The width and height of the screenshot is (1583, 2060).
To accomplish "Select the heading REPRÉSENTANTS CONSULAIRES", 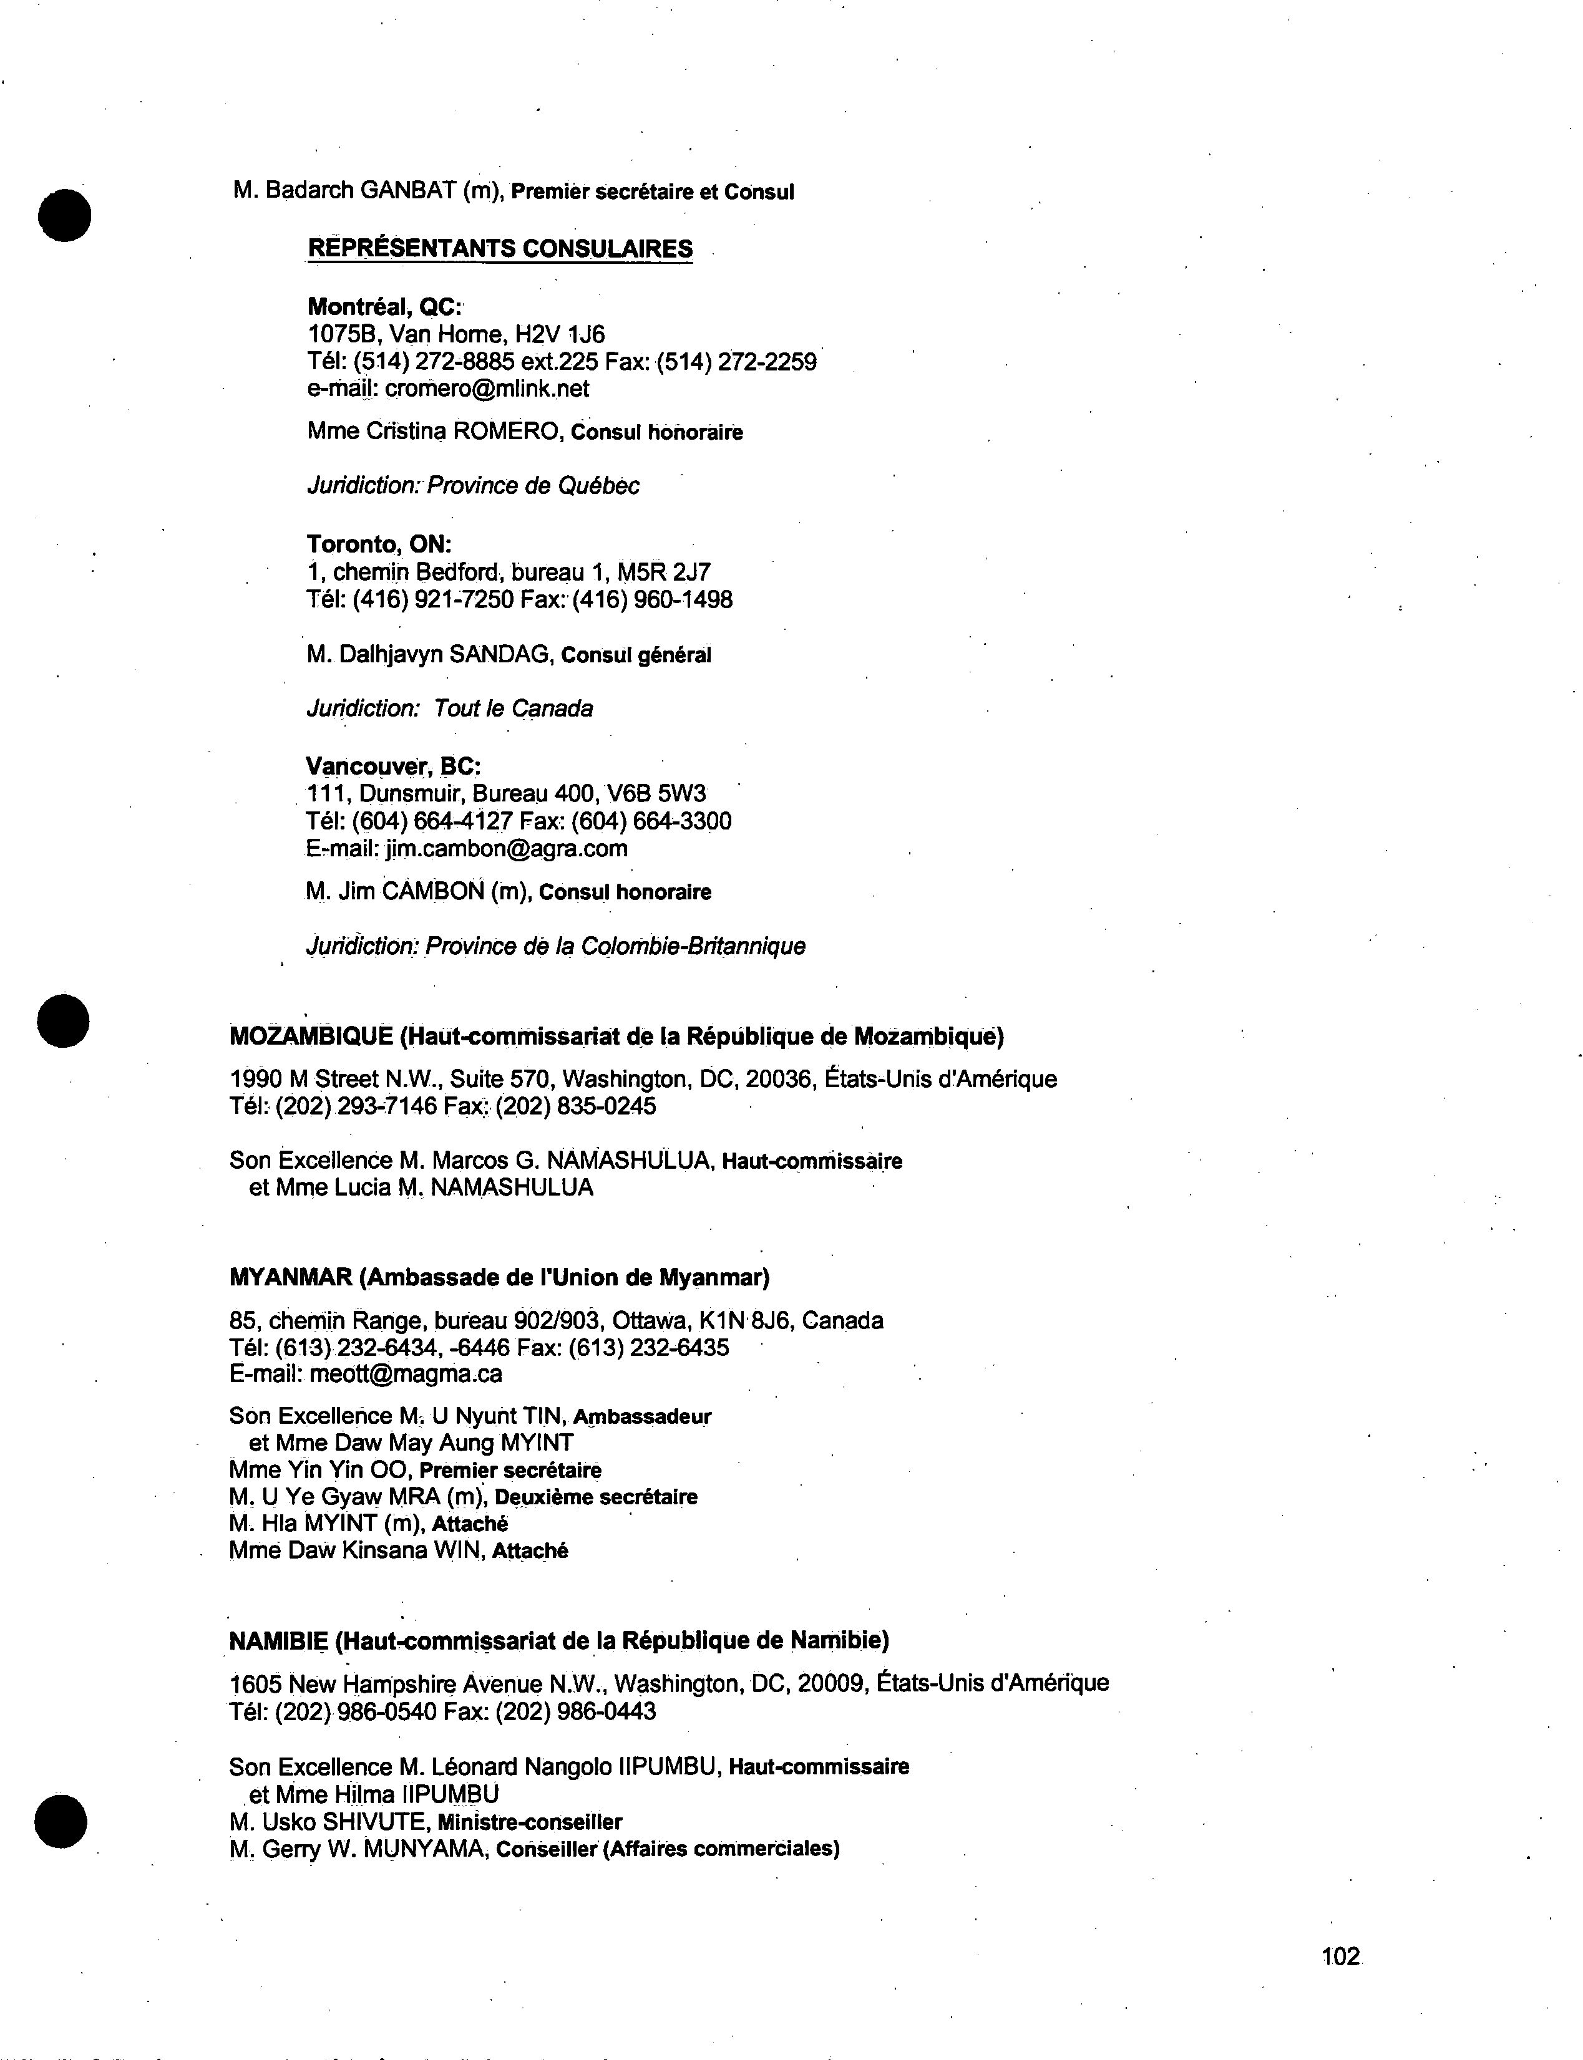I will click(500, 249).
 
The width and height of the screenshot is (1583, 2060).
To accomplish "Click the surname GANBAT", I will click(409, 190).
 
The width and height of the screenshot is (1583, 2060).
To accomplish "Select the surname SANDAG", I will click(499, 654).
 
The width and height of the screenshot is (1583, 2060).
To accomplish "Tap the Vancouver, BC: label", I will click(394, 766).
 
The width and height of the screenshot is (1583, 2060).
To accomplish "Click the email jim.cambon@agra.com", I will click(507, 849).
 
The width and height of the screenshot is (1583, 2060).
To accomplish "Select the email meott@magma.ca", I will click(405, 1375).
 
